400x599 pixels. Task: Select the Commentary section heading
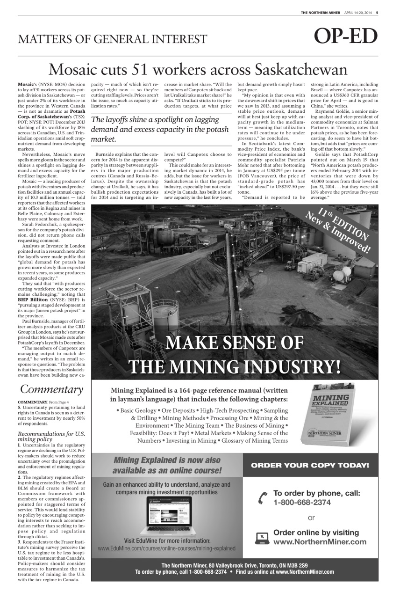point(51,389)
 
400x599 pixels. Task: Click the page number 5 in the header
point(377,13)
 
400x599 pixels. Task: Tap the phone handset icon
point(263,498)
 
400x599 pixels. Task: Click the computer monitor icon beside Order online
point(262,538)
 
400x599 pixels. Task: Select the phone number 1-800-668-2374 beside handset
point(302,503)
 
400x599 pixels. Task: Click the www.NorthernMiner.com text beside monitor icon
point(320,542)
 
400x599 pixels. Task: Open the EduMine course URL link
point(166,548)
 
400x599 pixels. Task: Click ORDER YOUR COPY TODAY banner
point(310,465)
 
